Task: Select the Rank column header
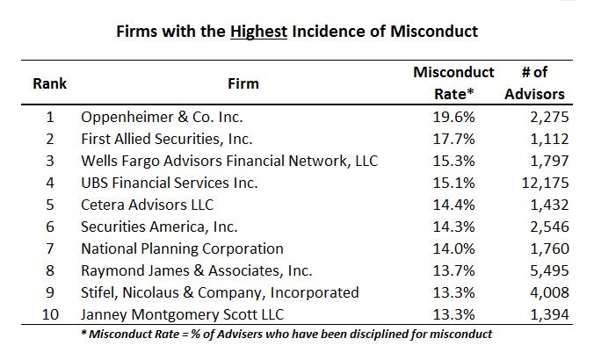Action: [x=50, y=84]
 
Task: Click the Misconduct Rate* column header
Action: [x=453, y=83]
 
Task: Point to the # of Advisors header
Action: [x=535, y=83]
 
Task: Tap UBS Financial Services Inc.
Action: [x=170, y=183]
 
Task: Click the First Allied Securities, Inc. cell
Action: [x=167, y=139]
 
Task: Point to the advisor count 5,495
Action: [x=546, y=270]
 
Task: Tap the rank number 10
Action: [x=50, y=314]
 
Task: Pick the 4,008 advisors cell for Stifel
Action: [x=546, y=292]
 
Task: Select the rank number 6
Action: [x=50, y=227]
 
